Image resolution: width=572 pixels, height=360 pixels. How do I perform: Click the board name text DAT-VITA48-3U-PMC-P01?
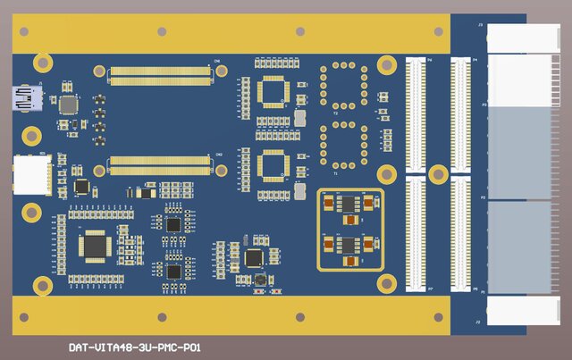(134, 347)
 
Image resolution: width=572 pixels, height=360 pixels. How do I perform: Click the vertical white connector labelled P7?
(416, 233)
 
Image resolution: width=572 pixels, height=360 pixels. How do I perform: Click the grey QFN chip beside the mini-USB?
(68, 103)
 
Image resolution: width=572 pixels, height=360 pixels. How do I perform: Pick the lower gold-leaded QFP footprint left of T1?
(273, 166)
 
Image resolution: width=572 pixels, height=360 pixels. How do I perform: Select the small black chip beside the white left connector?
(82, 187)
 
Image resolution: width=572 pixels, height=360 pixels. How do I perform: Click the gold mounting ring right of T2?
(387, 64)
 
